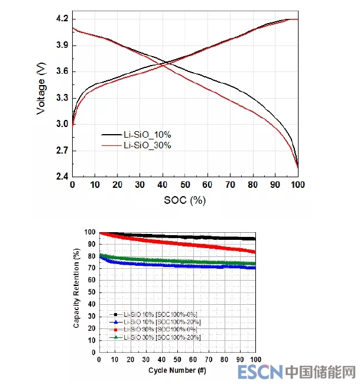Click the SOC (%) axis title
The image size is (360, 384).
184,200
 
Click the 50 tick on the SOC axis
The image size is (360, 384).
184,185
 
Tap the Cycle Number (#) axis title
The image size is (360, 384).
177,370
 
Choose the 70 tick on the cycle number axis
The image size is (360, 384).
209,360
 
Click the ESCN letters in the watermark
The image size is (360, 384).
260,372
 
